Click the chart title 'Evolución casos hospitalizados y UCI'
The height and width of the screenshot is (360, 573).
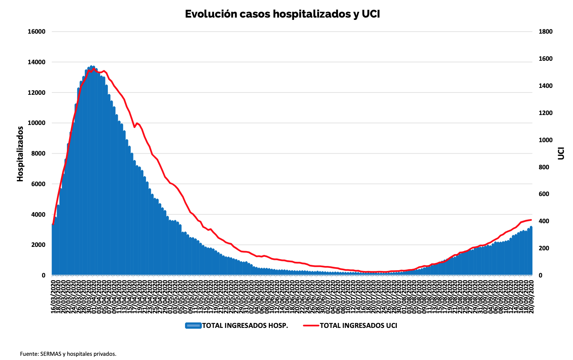[x=282, y=14]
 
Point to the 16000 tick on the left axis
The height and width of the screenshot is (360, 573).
[x=37, y=32]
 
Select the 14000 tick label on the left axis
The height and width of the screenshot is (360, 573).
[x=37, y=62]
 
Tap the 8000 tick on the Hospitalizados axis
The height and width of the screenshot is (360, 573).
[x=38, y=154]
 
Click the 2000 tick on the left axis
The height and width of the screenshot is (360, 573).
[x=38, y=245]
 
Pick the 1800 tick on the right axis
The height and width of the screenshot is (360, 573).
[x=545, y=32]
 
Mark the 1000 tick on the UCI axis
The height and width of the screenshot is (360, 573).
[x=545, y=140]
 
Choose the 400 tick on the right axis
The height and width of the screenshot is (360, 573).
[x=544, y=221]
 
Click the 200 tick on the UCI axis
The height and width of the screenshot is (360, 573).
[x=544, y=248]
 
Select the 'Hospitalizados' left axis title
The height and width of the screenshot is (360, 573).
[x=20, y=154]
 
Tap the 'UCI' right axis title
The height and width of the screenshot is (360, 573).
[x=561, y=154]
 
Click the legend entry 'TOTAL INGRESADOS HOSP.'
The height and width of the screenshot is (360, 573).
[x=245, y=326]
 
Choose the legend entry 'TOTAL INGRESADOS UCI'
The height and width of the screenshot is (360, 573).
[x=358, y=326]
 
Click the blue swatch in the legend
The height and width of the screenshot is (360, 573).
[x=193, y=326]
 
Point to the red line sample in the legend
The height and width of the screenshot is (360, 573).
[x=311, y=326]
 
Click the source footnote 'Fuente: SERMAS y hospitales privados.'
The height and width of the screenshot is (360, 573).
[x=68, y=354]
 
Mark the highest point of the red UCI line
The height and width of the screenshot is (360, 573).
[x=94, y=69]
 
